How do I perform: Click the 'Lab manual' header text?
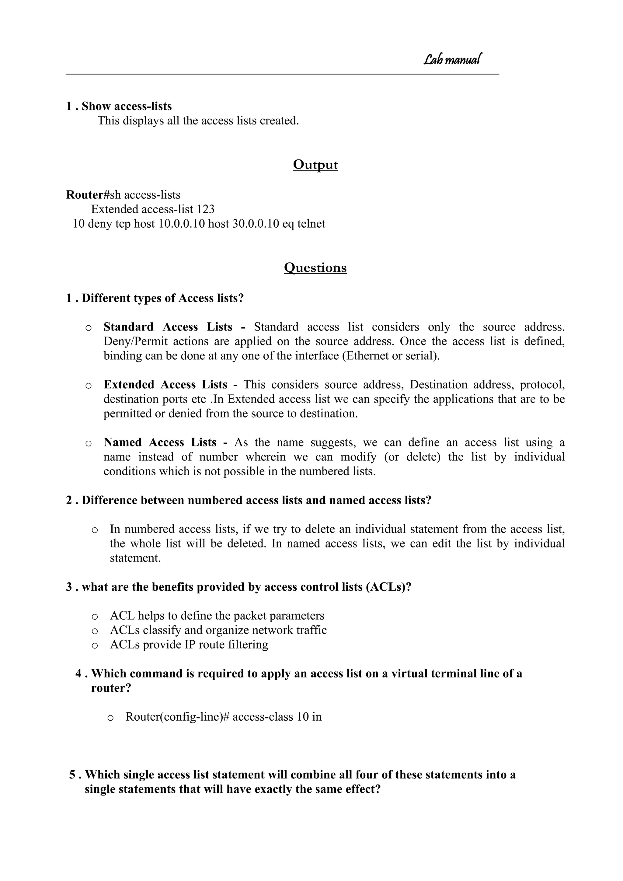tap(452, 59)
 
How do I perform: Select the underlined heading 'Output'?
tap(315, 165)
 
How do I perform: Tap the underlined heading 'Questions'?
tap(315, 267)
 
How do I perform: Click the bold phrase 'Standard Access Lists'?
tap(168, 327)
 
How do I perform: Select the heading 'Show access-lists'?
tap(127, 106)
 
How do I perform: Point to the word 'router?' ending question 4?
tap(111, 688)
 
